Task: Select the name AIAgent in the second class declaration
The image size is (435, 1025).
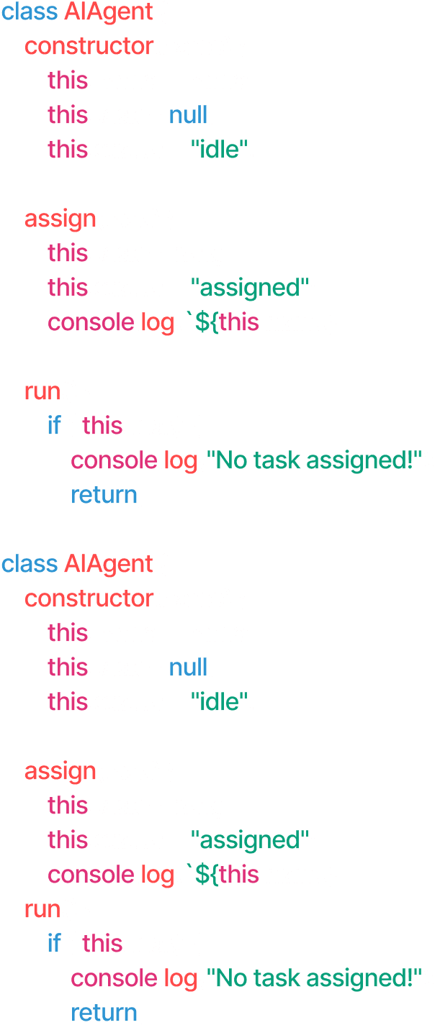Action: click(108, 565)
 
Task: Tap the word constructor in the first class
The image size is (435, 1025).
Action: click(89, 47)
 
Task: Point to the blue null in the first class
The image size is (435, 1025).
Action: click(188, 115)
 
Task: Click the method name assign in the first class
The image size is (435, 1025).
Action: click(60, 219)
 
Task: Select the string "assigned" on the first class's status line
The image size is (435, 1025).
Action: click(250, 288)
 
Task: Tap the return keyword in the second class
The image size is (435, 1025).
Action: click(104, 1013)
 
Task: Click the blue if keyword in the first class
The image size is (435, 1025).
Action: click(54, 426)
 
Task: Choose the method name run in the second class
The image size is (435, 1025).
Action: click(42, 910)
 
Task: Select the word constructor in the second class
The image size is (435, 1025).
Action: click(89, 599)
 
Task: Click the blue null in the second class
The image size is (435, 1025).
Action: click(188, 668)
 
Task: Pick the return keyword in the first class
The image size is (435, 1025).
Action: click(104, 496)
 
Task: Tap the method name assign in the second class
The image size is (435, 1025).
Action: click(60, 772)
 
